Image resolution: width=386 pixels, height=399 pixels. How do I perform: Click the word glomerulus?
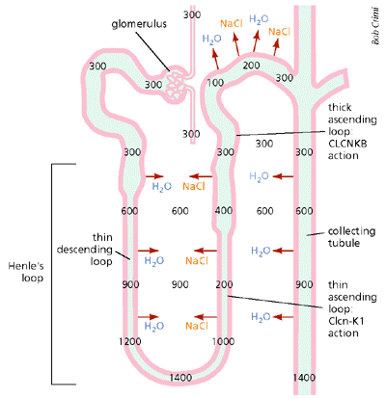click(x=139, y=24)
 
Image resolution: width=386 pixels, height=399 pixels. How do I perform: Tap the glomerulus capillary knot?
click(x=177, y=84)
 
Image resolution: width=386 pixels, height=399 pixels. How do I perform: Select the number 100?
click(x=215, y=83)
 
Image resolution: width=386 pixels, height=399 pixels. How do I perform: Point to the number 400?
click(x=224, y=211)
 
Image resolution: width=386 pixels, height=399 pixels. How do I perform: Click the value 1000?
click(x=223, y=341)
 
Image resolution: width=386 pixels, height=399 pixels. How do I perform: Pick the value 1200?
click(x=130, y=341)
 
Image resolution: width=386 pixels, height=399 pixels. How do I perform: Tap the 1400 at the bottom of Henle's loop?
click(x=180, y=378)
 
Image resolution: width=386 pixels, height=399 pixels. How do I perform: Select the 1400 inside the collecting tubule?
click(x=304, y=378)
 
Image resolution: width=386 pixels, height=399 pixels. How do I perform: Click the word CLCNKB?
click(x=347, y=144)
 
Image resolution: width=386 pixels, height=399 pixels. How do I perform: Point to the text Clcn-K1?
click(x=345, y=321)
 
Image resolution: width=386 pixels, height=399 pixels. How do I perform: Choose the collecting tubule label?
click(x=351, y=237)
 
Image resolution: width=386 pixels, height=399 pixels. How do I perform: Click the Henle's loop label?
click(x=26, y=272)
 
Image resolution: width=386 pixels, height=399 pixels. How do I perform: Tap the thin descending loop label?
click(x=85, y=250)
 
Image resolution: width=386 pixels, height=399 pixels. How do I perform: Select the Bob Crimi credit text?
click(x=375, y=25)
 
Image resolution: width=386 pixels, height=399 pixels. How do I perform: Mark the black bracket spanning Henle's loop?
click(x=52, y=274)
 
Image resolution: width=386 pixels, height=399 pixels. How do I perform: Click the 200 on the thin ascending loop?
click(x=224, y=284)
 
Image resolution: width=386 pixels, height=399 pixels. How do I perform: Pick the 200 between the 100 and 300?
click(x=251, y=66)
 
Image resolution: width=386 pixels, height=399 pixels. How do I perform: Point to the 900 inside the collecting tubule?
click(x=304, y=284)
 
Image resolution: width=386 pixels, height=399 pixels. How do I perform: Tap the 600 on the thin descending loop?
click(x=129, y=211)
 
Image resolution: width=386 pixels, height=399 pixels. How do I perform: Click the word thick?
click(x=340, y=107)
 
